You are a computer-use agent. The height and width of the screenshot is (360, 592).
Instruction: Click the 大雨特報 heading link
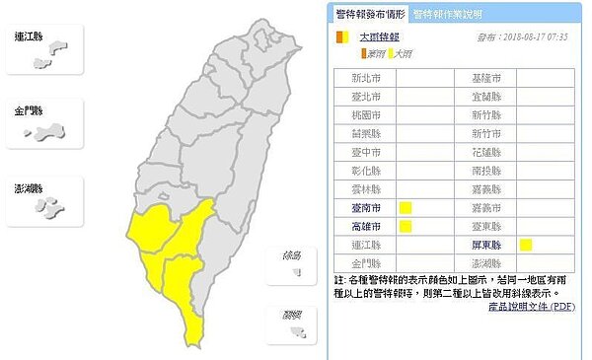371,37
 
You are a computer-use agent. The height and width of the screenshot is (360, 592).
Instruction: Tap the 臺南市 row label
364,207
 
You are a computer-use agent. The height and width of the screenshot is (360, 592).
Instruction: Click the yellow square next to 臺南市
405,207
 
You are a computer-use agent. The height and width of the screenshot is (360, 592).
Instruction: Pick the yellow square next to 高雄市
405,226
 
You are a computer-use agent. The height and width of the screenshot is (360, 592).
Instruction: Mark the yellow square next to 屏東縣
527,245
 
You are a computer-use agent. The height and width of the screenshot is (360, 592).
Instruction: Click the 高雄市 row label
364,226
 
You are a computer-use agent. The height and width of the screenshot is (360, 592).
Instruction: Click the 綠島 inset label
291,255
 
